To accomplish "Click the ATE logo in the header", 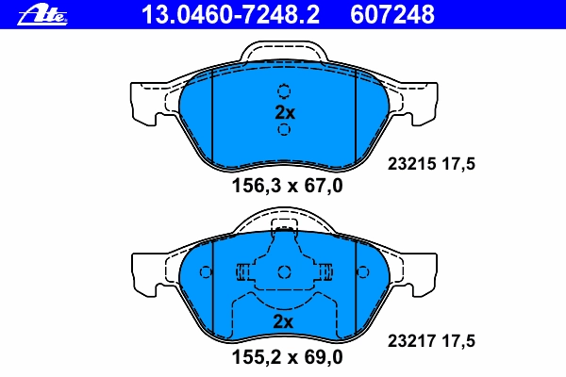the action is [x=42, y=16].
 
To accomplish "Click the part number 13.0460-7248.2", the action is [x=230, y=15].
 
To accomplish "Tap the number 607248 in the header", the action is [x=392, y=15].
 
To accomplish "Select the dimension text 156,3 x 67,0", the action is [x=287, y=187].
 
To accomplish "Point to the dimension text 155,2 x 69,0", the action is [x=287, y=357].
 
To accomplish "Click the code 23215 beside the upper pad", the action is [x=412, y=164].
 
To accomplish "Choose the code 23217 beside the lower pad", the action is [x=412, y=340].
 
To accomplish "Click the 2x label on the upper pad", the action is [x=285, y=112].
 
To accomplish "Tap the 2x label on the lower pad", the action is [x=283, y=321].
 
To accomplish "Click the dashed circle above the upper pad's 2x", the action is [x=284, y=90].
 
